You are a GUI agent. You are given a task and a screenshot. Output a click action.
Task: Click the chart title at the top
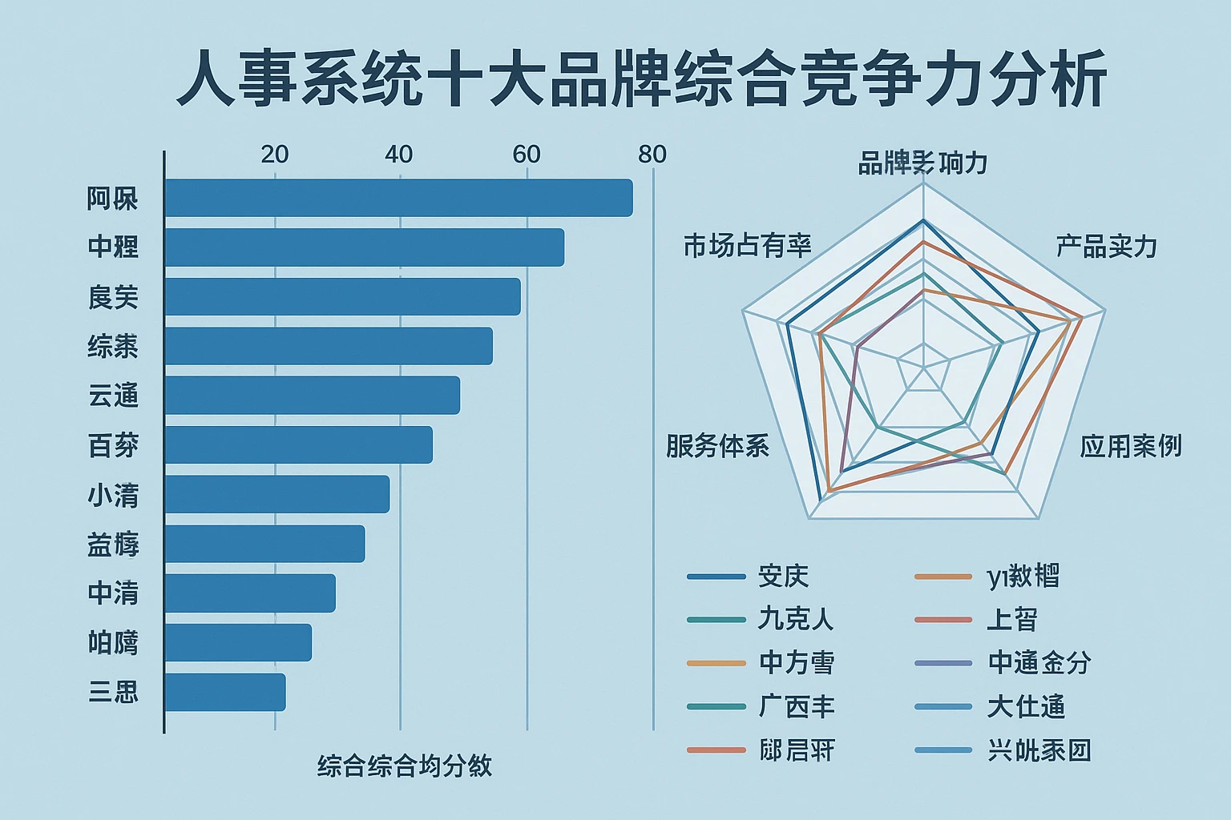pos(641,78)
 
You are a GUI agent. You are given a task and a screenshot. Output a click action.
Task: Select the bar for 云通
pos(313,396)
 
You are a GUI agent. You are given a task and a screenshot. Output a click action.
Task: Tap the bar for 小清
pos(277,494)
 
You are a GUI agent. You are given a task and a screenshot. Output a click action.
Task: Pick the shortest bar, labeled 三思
pos(225,692)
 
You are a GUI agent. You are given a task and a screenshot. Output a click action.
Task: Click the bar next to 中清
pos(250,593)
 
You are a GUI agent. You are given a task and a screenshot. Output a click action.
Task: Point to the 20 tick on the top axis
pos(275,155)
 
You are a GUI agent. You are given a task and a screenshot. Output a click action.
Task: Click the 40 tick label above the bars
pos(398,155)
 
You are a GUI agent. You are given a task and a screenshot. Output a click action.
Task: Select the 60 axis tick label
pos(527,155)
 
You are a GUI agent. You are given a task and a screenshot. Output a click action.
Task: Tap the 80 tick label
pos(652,155)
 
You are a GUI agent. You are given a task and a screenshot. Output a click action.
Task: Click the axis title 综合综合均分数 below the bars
pos(405,766)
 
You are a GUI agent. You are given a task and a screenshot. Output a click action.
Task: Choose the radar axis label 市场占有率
pos(747,246)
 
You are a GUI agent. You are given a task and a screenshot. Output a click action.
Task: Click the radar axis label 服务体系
pos(717,446)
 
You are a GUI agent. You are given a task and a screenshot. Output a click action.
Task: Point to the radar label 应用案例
pos(1130,446)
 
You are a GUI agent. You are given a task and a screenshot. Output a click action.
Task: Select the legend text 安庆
pos(783,576)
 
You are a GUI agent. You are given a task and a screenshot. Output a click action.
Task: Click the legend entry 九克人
pos(796,619)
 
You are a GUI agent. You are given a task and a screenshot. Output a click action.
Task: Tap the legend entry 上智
pos(1012,619)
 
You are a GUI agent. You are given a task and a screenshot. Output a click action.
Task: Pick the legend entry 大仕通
pos(1026,707)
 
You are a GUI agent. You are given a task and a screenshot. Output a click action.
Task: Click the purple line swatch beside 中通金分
pos(943,663)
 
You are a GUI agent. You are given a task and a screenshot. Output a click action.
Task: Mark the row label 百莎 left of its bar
pos(113,445)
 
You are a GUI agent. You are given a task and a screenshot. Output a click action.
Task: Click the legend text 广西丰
pos(797,707)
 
